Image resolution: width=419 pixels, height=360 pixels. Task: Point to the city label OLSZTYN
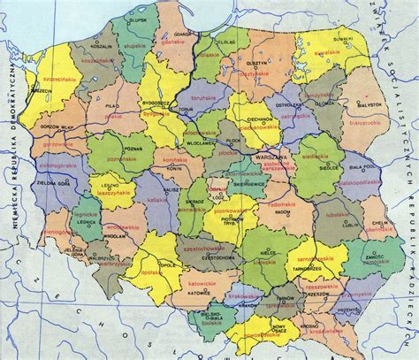[x=256, y=64]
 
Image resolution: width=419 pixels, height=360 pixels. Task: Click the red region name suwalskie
[x=327, y=52]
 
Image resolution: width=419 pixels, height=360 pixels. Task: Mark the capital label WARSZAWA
[x=266, y=157]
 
